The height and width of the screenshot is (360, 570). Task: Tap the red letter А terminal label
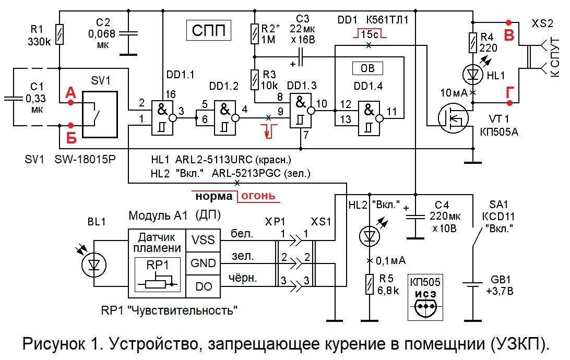click(x=70, y=93)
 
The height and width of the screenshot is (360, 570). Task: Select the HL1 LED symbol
click(x=473, y=75)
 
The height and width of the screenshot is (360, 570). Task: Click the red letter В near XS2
click(x=508, y=34)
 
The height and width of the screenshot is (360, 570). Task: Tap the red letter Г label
click(x=508, y=93)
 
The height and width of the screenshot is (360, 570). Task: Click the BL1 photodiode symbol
click(x=94, y=264)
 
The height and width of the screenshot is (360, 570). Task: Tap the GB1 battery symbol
click(x=473, y=285)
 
